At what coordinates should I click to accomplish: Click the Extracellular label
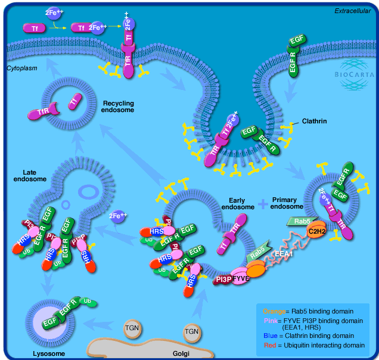click(352, 10)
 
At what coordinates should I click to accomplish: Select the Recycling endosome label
click(118, 107)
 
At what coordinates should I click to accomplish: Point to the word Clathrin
click(315, 121)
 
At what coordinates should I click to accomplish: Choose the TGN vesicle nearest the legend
click(191, 331)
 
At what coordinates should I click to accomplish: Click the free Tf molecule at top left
click(33, 27)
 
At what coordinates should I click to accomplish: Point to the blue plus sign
click(263, 204)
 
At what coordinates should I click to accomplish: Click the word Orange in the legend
click(274, 311)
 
